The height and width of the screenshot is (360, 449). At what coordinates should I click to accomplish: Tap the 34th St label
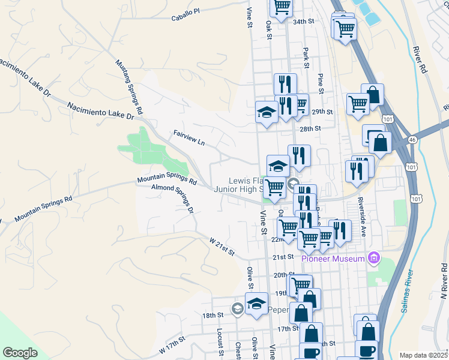[304, 21]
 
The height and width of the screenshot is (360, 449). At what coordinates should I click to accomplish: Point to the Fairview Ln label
[189, 137]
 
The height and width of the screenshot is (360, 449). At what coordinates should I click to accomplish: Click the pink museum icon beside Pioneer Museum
[375, 258]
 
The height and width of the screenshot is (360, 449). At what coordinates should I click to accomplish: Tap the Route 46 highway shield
[412, 139]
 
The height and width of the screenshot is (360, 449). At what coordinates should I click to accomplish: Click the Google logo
[20, 353]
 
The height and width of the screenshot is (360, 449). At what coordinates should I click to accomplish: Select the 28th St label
[310, 128]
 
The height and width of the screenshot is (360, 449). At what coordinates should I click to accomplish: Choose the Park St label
[306, 58]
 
